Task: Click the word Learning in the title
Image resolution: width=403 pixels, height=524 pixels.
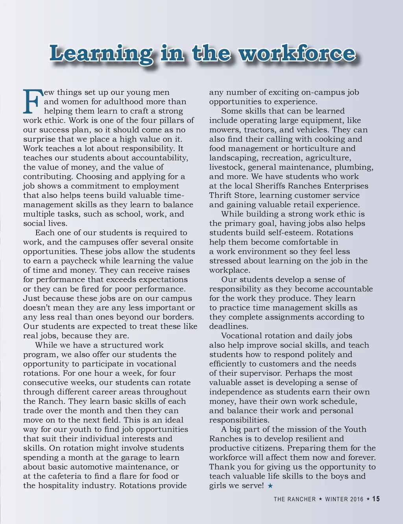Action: click(x=101, y=54)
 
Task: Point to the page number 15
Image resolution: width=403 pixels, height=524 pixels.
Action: click(x=376, y=499)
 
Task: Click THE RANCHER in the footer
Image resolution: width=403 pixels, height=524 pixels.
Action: click(x=295, y=499)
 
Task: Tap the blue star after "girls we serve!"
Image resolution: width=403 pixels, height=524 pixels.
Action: click(x=270, y=486)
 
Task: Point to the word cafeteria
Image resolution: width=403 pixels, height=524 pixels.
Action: click(x=59, y=476)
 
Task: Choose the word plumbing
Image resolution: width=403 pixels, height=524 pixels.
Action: click(x=353, y=167)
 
